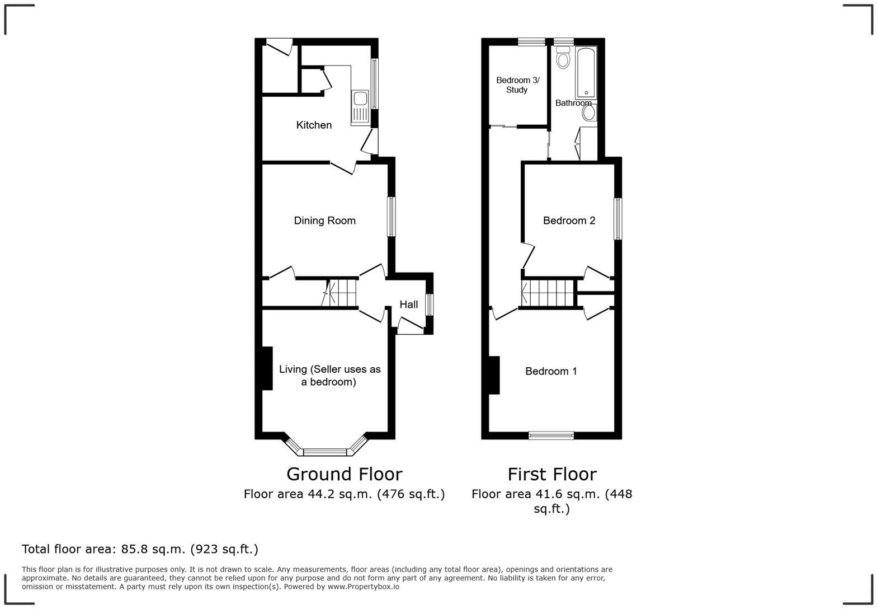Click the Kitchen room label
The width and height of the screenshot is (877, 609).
314,125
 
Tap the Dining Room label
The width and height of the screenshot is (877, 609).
324,221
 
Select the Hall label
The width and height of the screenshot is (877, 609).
408,304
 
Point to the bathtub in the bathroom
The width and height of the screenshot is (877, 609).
586,73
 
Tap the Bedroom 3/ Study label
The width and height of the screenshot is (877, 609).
517,85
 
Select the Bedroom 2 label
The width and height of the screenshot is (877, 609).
569,221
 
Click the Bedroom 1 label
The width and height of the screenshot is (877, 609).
551,371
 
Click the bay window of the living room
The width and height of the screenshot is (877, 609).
326,451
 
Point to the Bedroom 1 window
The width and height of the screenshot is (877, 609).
551,435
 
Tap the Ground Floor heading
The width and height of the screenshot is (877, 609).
344,474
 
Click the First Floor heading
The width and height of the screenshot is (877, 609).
551,474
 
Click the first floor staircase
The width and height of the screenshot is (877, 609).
548,293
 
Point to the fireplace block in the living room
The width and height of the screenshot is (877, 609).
267,368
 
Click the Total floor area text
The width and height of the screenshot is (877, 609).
140,549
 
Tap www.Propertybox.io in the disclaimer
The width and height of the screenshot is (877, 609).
363,587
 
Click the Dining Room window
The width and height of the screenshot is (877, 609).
392,217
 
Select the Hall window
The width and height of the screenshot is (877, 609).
429,305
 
